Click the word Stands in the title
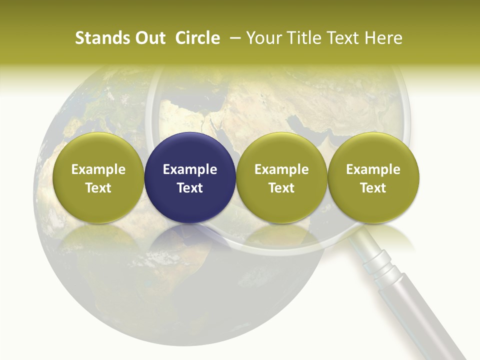pyautogui.click(x=96, y=38)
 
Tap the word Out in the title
pyautogui.click(x=149, y=38)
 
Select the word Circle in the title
pyautogui.click(x=197, y=38)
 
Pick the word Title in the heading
pyautogui.click(x=300, y=38)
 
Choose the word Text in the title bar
pyautogui.click(x=340, y=38)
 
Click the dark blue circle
pyautogui.click(x=190, y=150)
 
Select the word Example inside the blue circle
pyautogui.click(x=190, y=169)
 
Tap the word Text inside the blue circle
pyautogui.click(x=190, y=188)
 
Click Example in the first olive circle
pyautogui.click(x=98, y=169)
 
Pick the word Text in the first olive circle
pyautogui.click(x=98, y=188)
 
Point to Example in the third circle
pyautogui.click(x=281, y=169)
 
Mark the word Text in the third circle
pyautogui.click(x=281, y=188)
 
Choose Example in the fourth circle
pyautogui.click(x=373, y=169)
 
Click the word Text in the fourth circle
pyautogui.click(x=373, y=188)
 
